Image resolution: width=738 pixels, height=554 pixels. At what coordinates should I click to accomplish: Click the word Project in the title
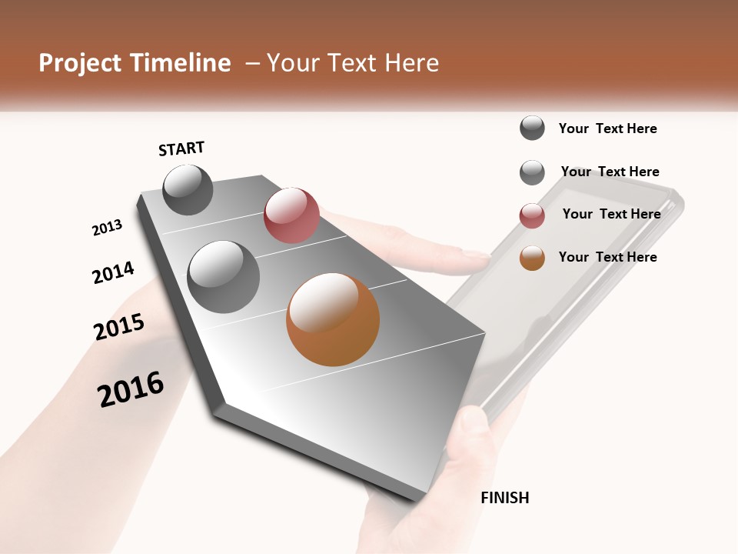pos(80,63)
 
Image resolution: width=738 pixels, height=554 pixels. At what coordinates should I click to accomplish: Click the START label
pos(181,149)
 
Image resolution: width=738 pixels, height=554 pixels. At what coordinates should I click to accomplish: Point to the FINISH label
pos(504,498)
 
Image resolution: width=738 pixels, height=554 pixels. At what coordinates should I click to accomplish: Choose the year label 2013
pos(107,228)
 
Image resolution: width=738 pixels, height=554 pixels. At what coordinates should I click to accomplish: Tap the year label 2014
pos(113,272)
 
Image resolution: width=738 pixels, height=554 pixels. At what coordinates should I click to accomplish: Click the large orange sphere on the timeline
pos(333,319)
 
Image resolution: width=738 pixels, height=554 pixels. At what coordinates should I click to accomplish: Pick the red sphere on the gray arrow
pos(291,215)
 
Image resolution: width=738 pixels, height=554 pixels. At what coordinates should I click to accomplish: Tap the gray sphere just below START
pos(188,190)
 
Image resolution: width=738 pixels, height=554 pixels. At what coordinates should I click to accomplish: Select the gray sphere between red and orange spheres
pos(223,277)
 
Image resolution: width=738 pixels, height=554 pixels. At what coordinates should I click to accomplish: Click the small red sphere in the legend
pos(532,215)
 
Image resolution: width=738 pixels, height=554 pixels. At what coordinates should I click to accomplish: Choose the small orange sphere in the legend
pos(532,258)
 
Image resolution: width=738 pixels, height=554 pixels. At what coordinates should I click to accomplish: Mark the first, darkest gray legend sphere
pos(532,128)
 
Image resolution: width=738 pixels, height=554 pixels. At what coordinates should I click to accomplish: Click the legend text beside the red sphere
pos(611,214)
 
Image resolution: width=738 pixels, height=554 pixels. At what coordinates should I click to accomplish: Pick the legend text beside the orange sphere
pos(607,257)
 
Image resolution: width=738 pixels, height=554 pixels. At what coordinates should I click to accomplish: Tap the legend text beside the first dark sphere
pos(607,128)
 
